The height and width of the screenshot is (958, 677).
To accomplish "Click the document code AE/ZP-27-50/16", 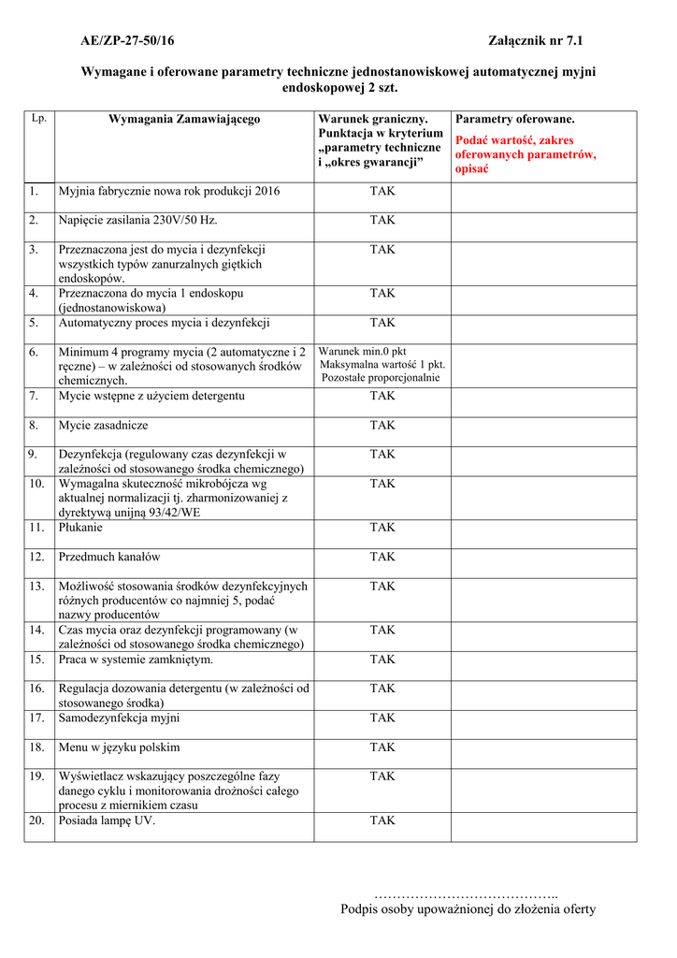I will click(x=127, y=41).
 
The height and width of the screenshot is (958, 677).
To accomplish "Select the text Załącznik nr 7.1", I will click(x=542, y=41).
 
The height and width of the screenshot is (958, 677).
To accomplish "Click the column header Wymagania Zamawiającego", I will click(x=184, y=120).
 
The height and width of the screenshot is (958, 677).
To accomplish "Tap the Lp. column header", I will click(x=38, y=119).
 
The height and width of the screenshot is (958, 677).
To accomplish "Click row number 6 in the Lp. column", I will click(x=34, y=352).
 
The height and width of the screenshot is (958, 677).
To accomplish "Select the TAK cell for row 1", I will click(x=382, y=191).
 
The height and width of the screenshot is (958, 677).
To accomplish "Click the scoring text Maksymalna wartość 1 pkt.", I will click(x=382, y=365).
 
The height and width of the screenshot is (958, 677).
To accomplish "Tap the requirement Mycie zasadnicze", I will click(x=103, y=425).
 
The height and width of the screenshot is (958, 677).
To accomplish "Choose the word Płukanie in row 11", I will click(x=80, y=528).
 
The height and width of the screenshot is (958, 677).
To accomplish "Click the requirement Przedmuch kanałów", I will click(x=109, y=557).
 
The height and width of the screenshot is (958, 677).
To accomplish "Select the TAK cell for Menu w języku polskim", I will click(x=382, y=748).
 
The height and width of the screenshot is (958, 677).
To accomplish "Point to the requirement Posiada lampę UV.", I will click(x=107, y=820).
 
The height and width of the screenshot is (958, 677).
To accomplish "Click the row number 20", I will click(x=36, y=820).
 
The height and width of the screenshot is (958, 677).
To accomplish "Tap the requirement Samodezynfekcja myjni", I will click(x=119, y=718).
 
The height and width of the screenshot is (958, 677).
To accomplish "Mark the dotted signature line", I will click(x=466, y=896).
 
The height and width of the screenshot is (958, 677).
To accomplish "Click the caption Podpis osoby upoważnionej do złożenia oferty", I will click(x=468, y=909).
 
